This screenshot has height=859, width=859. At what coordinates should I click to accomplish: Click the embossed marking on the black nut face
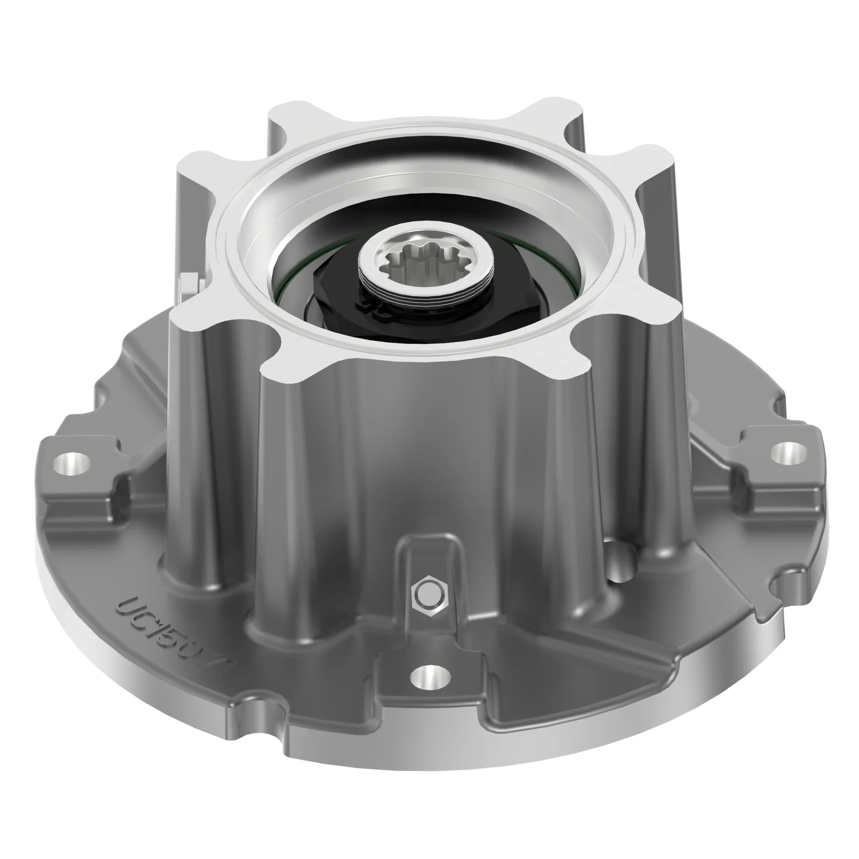click(374, 307)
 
